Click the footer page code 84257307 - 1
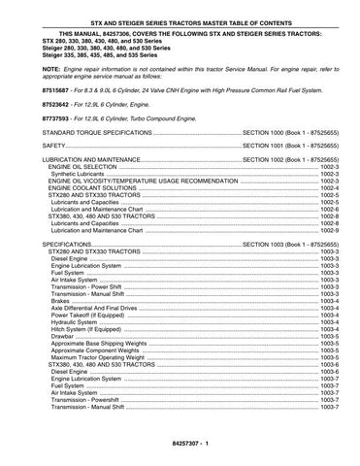(180, 445)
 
